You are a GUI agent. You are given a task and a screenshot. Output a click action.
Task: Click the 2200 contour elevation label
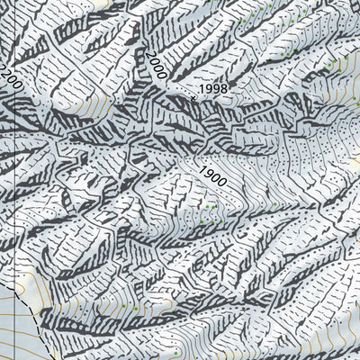click(x=10, y=78)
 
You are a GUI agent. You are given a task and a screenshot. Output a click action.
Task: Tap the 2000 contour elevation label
click(x=154, y=66)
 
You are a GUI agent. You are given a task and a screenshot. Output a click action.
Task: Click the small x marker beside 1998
click(x=192, y=98)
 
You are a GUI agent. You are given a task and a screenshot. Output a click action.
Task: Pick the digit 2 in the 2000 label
click(x=147, y=56)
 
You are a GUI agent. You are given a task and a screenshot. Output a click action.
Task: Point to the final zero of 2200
click(x=15, y=88)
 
